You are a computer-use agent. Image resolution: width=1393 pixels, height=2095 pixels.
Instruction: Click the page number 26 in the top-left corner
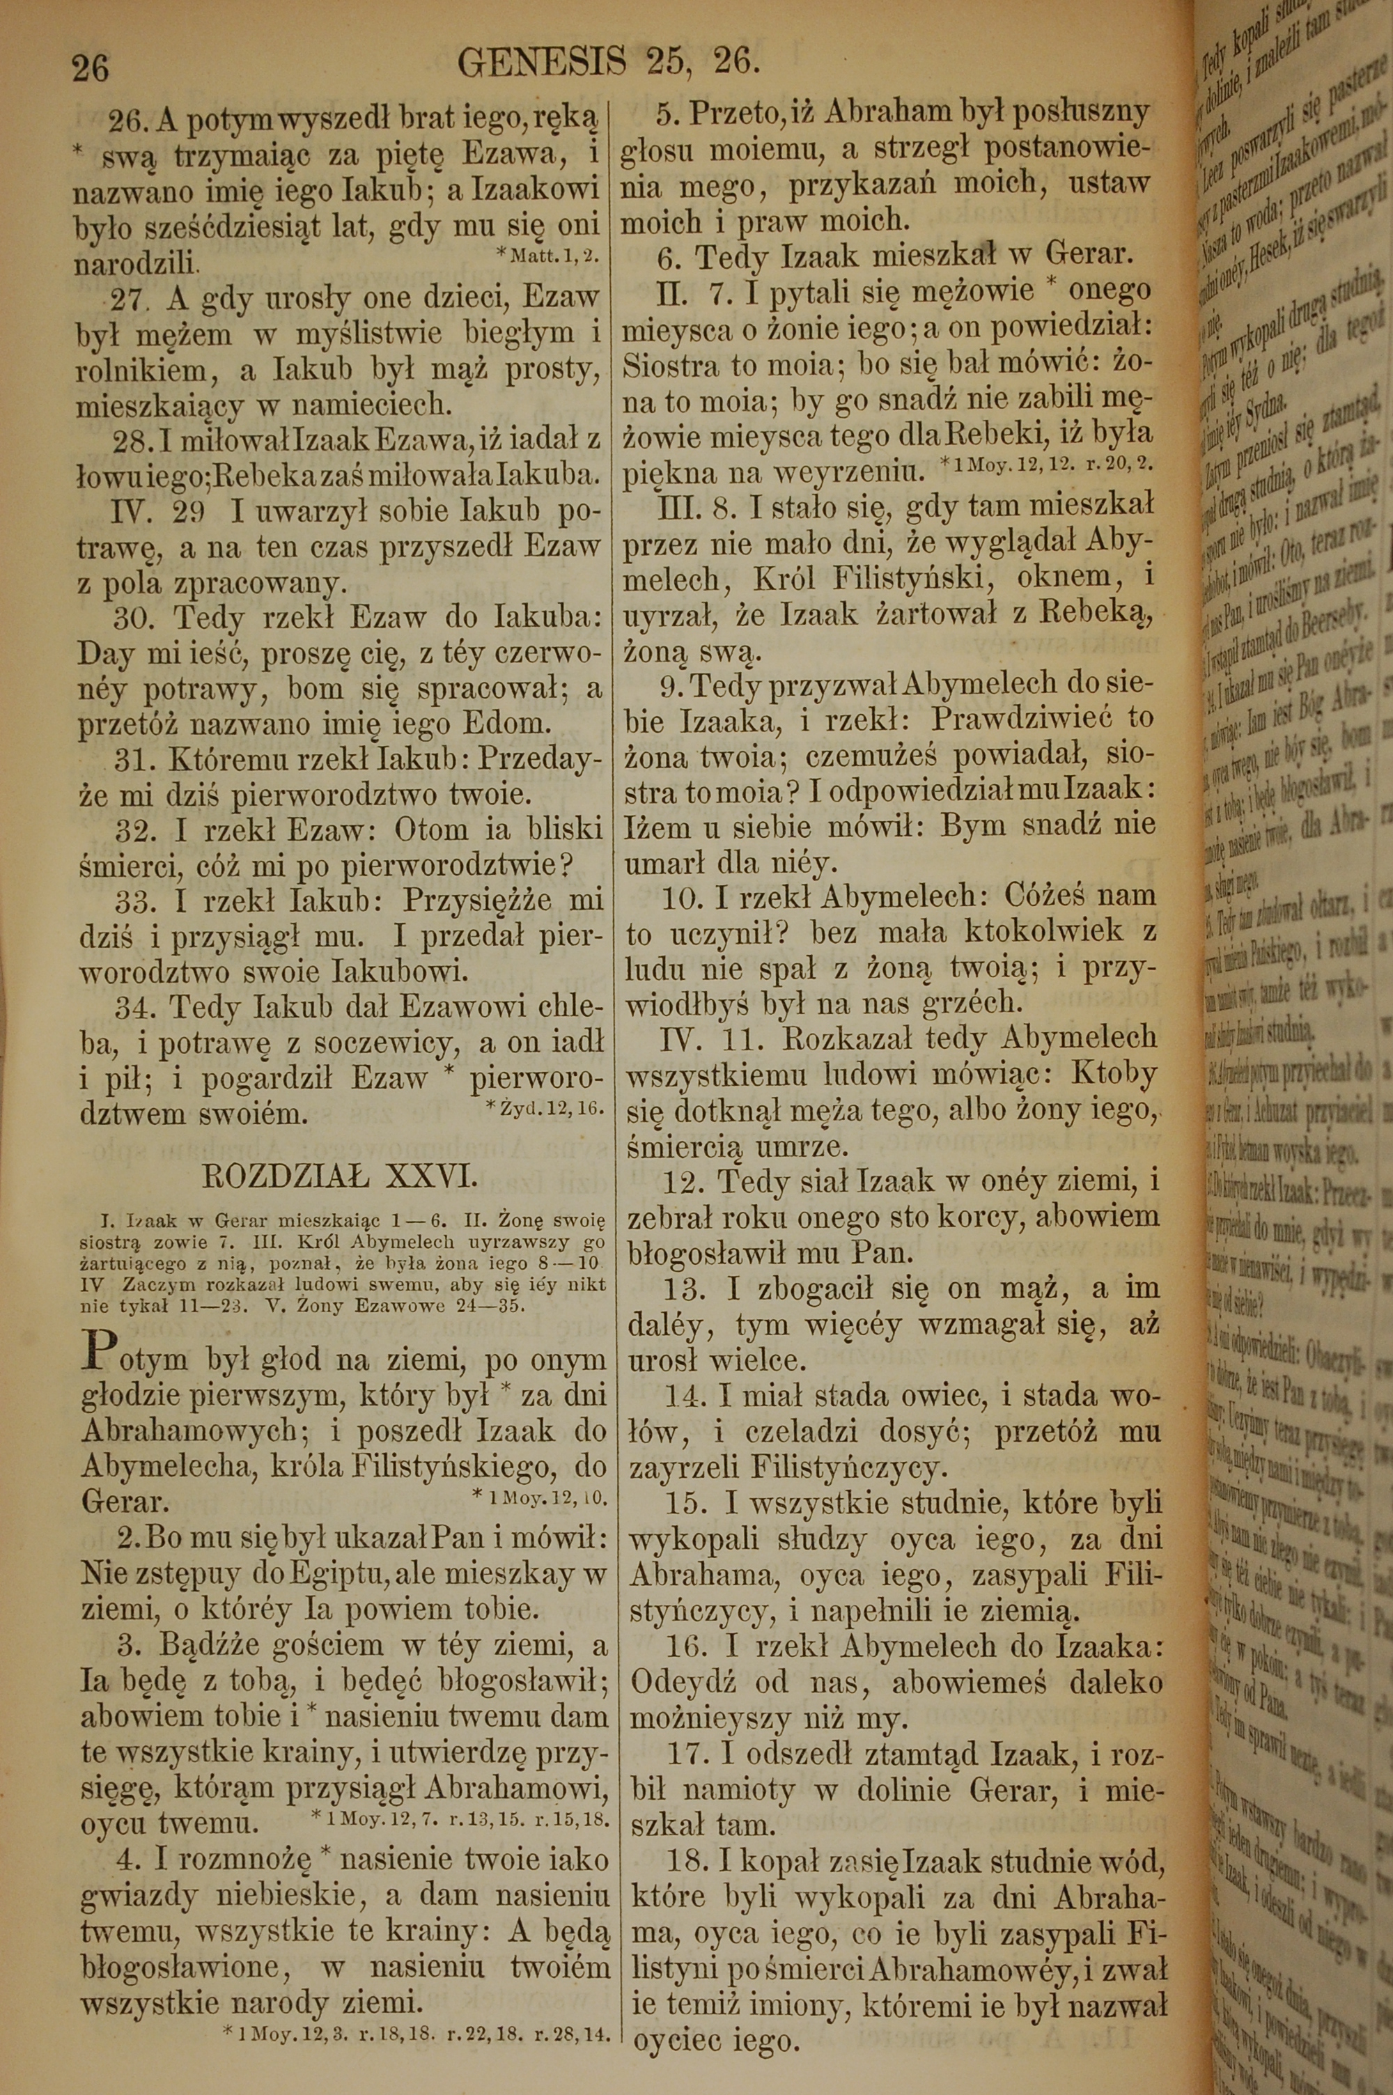91,68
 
